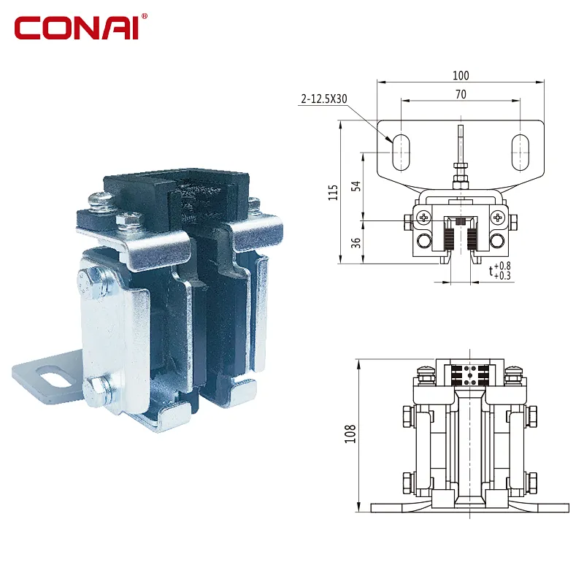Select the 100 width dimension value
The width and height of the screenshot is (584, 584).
pyautogui.click(x=461, y=76)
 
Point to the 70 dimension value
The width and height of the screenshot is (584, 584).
pyautogui.click(x=461, y=95)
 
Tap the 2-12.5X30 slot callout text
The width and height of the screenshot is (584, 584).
pyautogui.click(x=324, y=99)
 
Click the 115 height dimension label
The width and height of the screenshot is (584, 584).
pyautogui.click(x=333, y=192)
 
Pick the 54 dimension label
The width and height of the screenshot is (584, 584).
pyautogui.click(x=356, y=186)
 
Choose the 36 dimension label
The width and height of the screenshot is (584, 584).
pyautogui.click(x=356, y=243)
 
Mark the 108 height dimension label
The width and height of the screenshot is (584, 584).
pyautogui.click(x=350, y=434)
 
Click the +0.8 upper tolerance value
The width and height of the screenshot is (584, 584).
pyautogui.click(x=502, y=266)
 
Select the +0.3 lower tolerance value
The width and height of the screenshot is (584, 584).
pyautogui.click(x=502, y=276)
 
